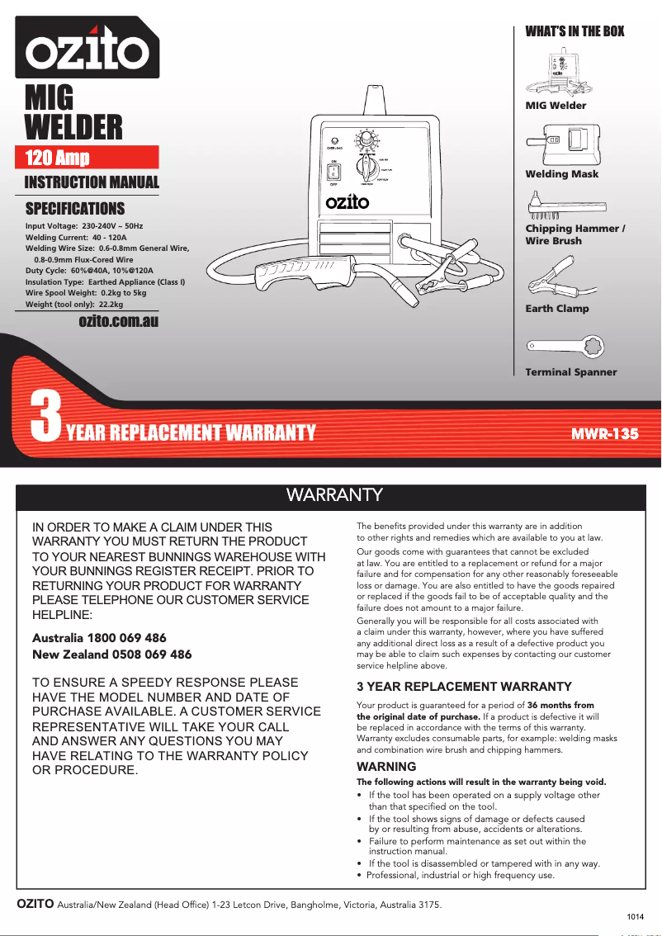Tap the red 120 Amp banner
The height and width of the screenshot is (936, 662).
[87, 158]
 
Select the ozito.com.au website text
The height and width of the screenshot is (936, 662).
[118, 321]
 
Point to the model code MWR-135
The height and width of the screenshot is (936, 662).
[606, 433]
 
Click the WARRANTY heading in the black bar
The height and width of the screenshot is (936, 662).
[333, 495]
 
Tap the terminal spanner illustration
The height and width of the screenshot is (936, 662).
[566, 347]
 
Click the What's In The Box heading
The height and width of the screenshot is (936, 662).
[575, 31]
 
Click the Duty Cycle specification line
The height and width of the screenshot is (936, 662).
[89, 271]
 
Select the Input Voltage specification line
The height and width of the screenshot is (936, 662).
[84, 225]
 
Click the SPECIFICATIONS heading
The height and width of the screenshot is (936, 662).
[75, 208]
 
